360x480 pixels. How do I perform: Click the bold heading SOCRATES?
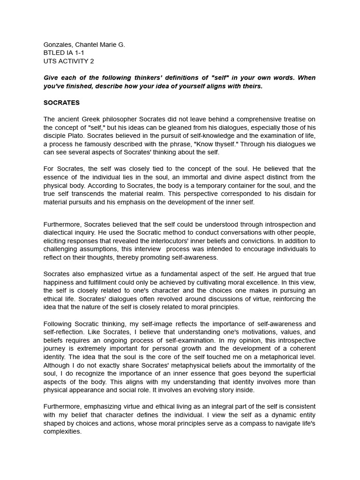click(61, 102)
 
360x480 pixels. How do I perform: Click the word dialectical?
click(60, 232)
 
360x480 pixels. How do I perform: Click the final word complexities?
click(62, 432)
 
